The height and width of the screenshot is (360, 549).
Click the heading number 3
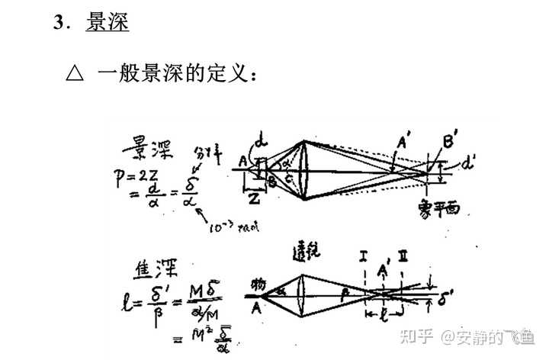click(x=58, y=23)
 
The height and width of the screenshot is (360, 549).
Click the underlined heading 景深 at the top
click(x=107, y=23)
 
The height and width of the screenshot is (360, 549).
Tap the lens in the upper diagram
click(x=307, y=170)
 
